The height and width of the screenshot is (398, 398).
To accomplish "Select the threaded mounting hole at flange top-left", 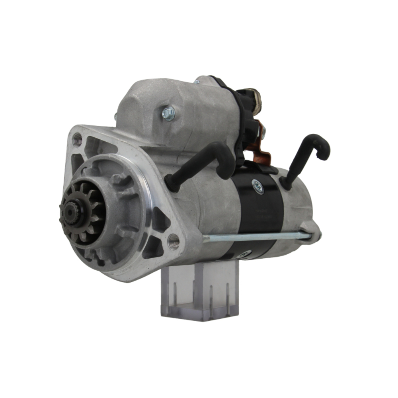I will pos(77,140).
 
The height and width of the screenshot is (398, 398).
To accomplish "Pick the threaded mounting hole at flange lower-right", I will pos(173,241).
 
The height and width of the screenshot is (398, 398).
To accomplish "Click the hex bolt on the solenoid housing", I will pos(168,113).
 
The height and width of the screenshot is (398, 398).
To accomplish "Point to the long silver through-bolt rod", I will pos(255,238).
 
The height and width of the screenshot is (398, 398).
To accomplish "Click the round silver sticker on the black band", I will pos(258,186).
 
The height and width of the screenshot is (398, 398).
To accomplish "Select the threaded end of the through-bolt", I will pos(207,239).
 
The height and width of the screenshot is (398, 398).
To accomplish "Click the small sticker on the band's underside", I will pos(247,253).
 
